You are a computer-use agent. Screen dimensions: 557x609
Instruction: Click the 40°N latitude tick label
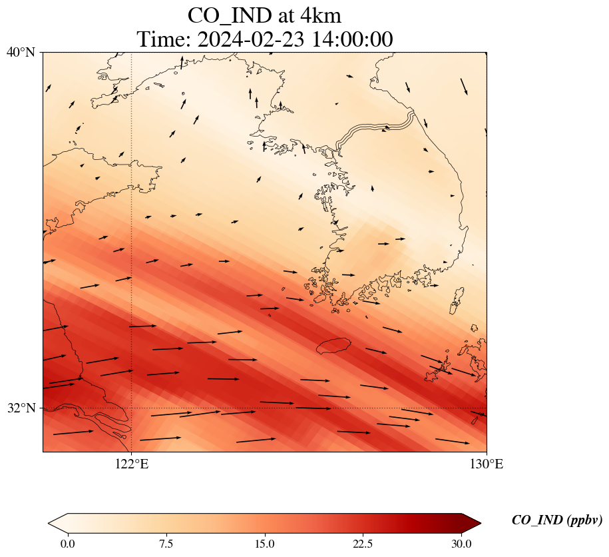(21, 52)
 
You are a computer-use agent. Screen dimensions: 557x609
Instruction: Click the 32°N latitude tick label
(21, 408)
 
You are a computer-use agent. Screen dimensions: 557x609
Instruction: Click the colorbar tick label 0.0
(67, 544)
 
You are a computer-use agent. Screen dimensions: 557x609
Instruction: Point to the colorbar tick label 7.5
(166, 544)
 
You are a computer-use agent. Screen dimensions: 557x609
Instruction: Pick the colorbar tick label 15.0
(264, 544)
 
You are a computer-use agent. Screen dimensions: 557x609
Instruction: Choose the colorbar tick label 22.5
(363, 544)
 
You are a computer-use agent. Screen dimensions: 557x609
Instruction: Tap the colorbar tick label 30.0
(461, 544)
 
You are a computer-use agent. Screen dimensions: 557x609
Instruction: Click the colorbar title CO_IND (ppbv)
(557, 520)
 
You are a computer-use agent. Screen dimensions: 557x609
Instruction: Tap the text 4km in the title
(318, 15)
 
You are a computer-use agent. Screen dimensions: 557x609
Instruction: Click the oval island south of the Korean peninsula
(333, 345)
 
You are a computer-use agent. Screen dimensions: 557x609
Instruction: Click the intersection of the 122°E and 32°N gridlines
(132, 408)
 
